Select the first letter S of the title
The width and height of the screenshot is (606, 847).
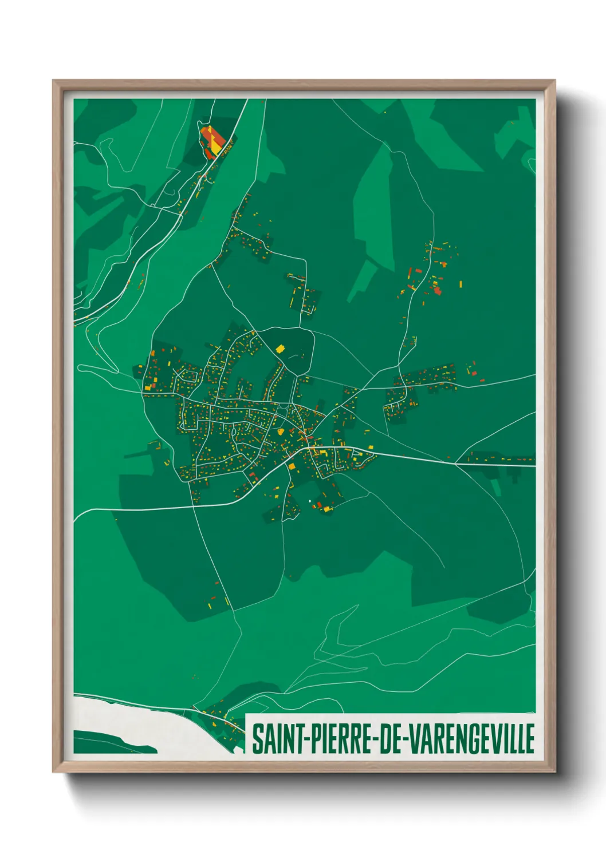(x=257, y=739)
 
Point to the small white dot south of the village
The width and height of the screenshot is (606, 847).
(x=310, y=501)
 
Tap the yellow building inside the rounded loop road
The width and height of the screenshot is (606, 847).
(x=280, y=348)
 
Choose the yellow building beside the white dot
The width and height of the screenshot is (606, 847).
(x=327, y=508)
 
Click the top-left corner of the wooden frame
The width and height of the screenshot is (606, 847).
(x=54, y=81)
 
